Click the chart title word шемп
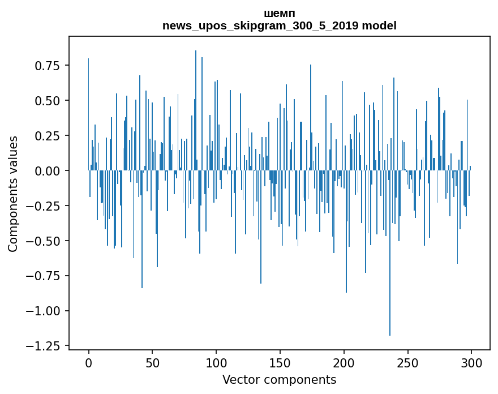coord(279,14)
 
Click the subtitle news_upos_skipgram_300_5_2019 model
coord(279,25)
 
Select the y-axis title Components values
coord(13,194)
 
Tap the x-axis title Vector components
coord(279,380)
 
